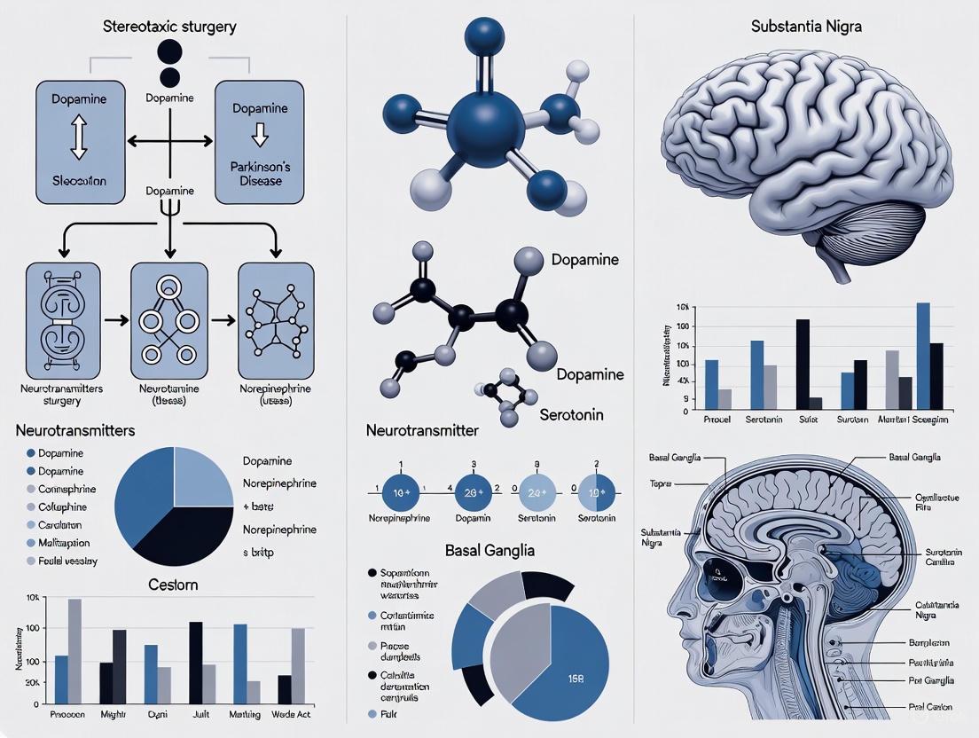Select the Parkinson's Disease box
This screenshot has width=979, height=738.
(260, 142)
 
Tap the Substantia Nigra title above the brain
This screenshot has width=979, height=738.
(805, 27)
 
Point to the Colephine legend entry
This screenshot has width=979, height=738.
(62, 507)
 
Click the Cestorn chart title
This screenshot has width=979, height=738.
(173, 585)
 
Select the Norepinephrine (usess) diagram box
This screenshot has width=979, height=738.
(276, 315)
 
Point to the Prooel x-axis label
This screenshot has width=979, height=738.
(717, 418)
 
